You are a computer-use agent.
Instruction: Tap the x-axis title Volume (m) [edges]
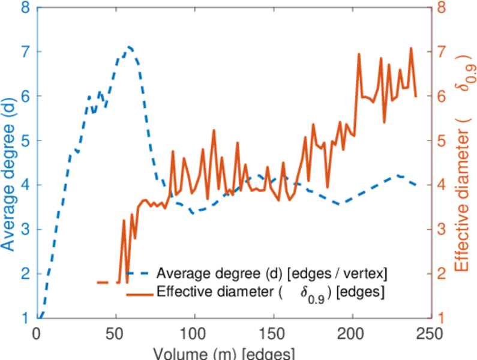point(223,352)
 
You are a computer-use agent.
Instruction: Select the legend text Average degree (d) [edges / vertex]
point(272,274)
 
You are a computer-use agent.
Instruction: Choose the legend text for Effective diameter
point(270,293)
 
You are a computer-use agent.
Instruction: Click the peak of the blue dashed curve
point(128,46)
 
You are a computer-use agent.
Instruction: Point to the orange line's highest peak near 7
point(411,48)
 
